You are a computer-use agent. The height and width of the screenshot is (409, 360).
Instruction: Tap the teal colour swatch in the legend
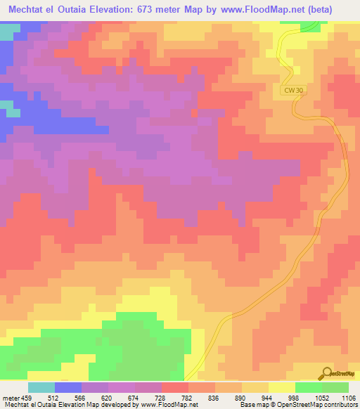41,387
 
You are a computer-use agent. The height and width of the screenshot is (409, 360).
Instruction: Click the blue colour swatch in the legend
68,387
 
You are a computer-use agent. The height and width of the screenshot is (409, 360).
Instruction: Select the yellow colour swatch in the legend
282,387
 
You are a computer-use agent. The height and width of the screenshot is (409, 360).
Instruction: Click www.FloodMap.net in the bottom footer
169,405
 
